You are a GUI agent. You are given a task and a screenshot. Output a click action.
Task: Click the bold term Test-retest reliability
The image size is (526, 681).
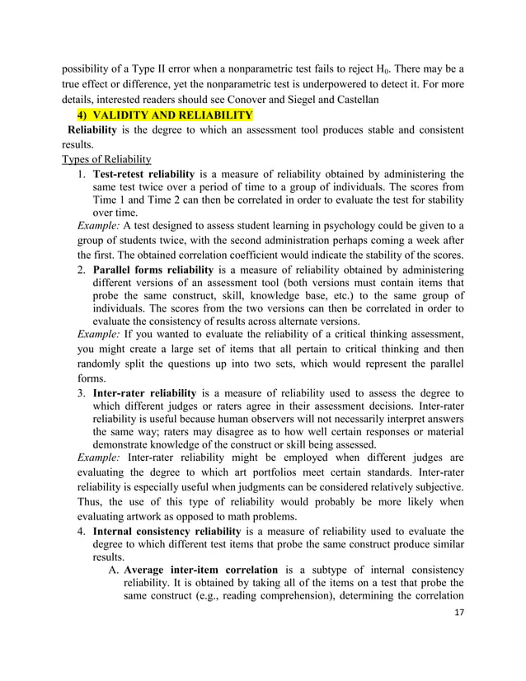[143, 174]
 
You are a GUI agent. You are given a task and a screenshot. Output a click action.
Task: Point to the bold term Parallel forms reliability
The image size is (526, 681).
[153, 270]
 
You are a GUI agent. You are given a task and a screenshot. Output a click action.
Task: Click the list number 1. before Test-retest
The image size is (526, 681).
[82, 174]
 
